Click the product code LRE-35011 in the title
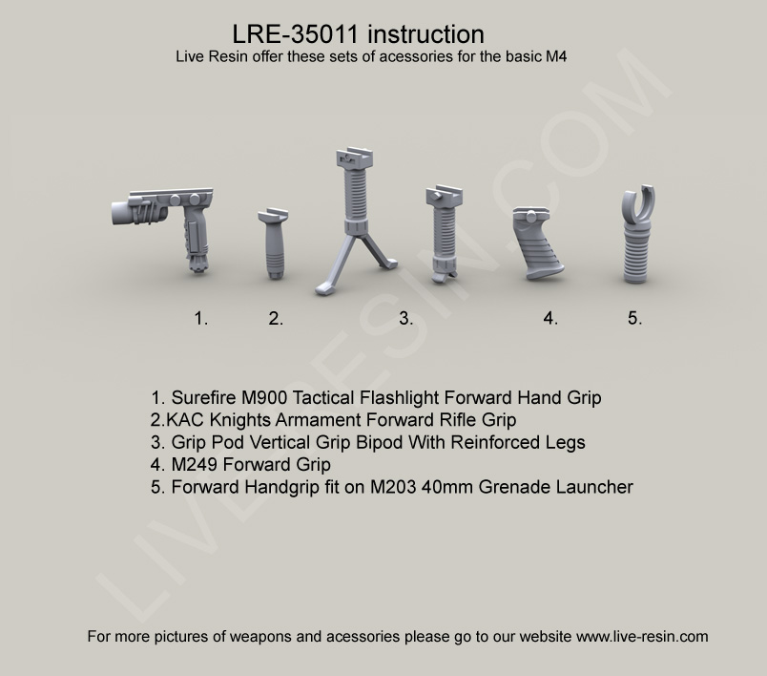point(296,34)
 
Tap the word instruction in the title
point(425,34)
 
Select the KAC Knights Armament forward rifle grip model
point(273,243)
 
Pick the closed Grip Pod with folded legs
point(445,234)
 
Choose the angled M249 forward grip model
point(538,243)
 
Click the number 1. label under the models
point(201,319)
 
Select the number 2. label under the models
point(276,319)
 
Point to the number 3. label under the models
point(406,319)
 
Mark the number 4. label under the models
point(550,319)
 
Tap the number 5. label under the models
point(635,319)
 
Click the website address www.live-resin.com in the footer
point(642,636)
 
